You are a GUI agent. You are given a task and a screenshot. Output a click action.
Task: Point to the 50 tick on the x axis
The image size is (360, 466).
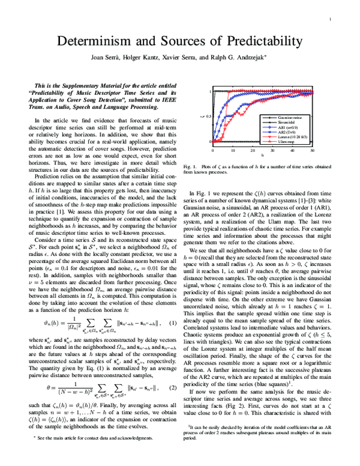(x=313, y=150)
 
